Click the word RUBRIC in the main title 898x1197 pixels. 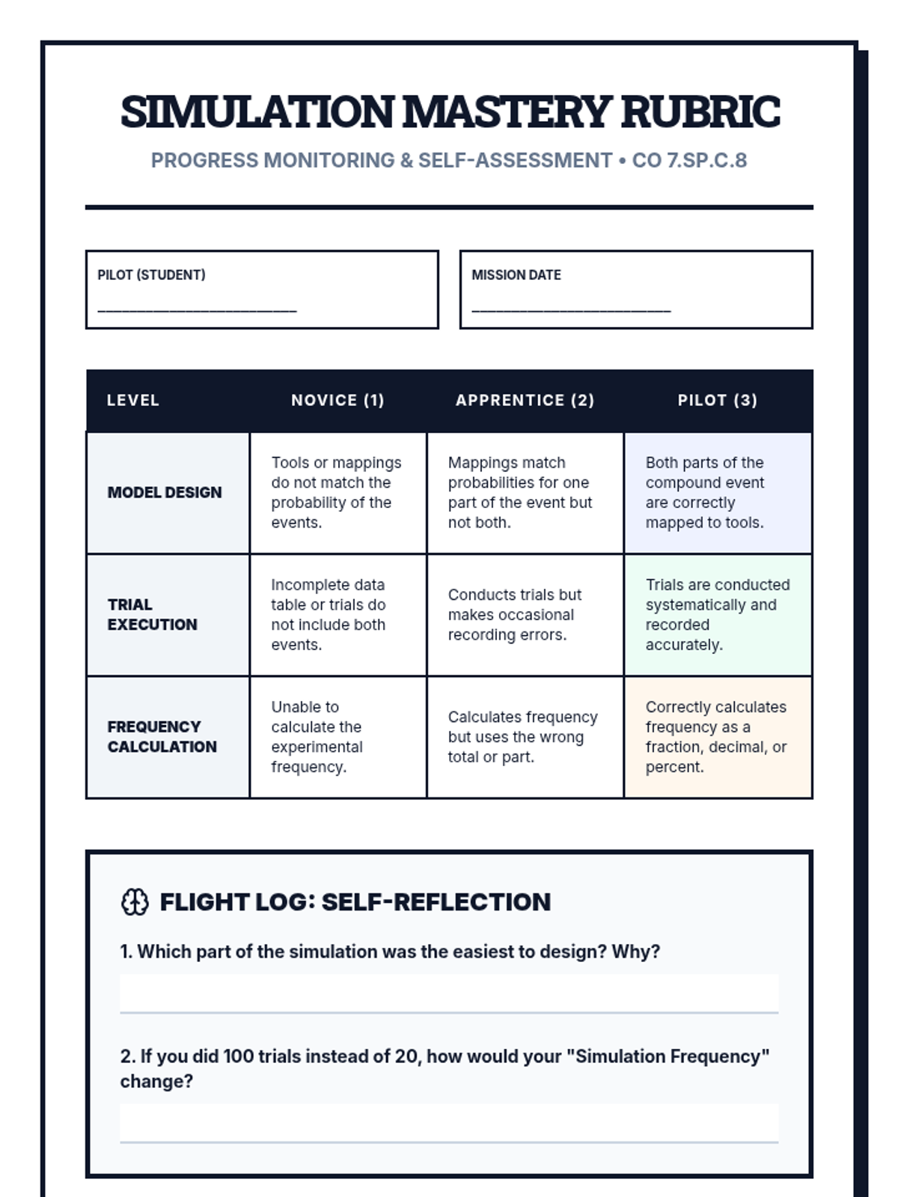point(700,112)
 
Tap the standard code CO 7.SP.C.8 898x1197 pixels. point(689,161)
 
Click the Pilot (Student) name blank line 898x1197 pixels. point(198,309)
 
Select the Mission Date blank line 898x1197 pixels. point(571,309)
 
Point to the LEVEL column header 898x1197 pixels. point(133,400)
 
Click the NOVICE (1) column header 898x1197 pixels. point(337,400)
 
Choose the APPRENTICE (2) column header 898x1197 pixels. point(525,400)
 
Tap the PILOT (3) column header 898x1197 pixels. point(717,400)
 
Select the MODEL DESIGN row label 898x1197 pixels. point(165,492)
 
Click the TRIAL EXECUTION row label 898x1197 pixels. point(153,614)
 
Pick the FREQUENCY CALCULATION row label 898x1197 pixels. point(162,737)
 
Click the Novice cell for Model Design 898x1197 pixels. point(337,492)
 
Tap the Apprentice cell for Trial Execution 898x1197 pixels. point(525,615)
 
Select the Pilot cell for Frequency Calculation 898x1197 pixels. point(718,737)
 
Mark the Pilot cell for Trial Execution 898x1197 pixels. point(718,615)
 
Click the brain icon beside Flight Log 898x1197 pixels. point(135,902)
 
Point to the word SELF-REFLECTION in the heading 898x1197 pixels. point(436,902)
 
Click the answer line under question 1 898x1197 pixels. point(449,995)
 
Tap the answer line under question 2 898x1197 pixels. point(449,1124)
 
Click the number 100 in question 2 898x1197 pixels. point(239,1056)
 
